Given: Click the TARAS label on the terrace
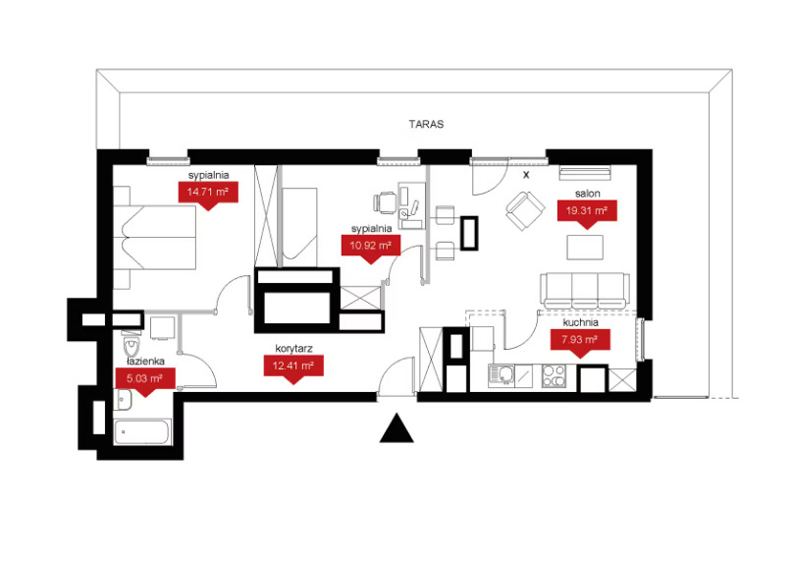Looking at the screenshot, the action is pos(426,124).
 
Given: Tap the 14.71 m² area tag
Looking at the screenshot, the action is pos(208,196).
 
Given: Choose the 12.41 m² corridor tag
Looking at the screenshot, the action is pos(293,369).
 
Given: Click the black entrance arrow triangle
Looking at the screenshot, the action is pos(397,428).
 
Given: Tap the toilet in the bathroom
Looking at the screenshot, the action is pos(132,343).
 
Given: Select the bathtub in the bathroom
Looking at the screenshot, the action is pos(142,432).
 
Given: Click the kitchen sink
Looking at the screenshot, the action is pos(502,376).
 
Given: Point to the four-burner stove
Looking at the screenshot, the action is pos(554,376).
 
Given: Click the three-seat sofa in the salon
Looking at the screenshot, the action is pos(585,290).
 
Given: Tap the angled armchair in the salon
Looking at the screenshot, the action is pos(525,210).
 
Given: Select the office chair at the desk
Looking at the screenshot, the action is pos(385,202).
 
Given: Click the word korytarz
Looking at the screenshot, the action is pos(293,349).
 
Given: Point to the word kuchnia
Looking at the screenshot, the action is pos(581,322).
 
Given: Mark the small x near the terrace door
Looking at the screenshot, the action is pos(526,175).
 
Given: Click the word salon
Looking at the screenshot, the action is pos(587,194).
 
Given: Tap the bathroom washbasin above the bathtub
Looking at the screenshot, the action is pos(124,400).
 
